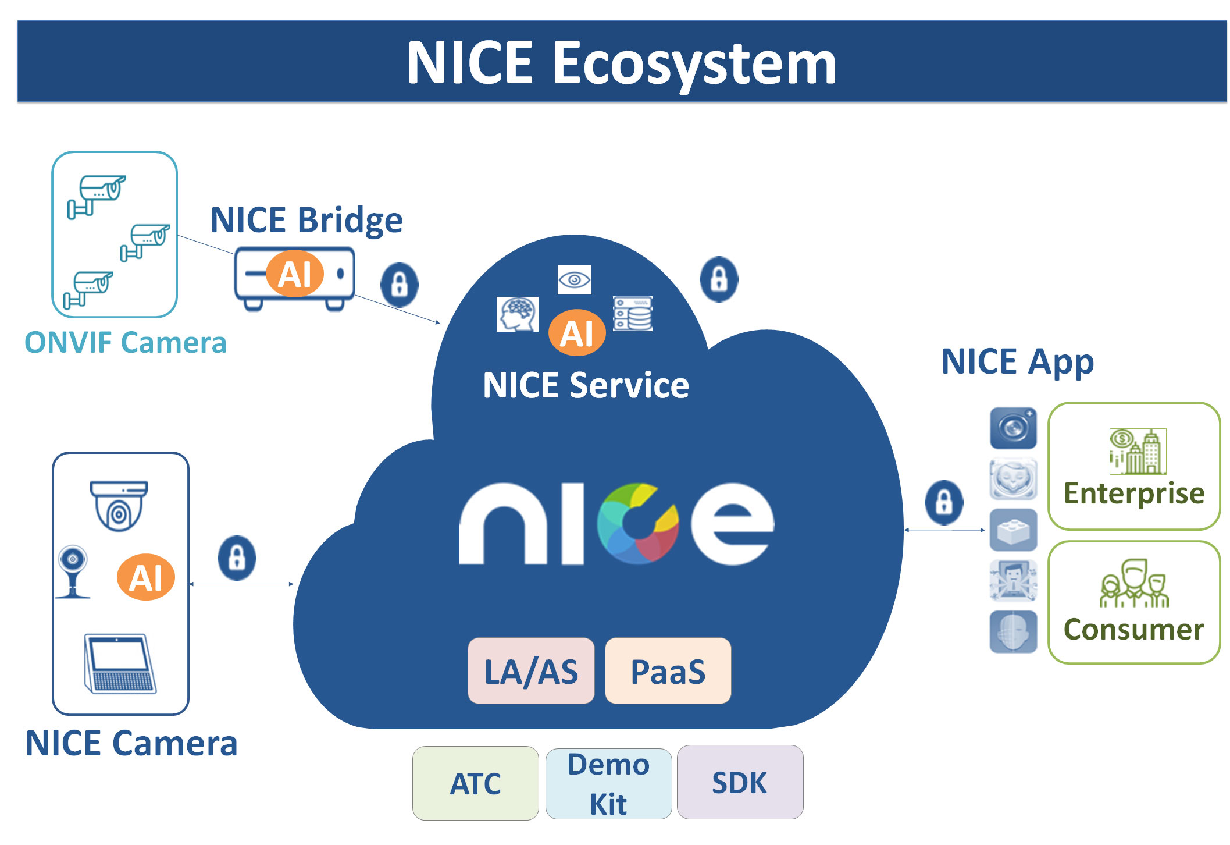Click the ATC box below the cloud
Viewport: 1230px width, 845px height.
pos(475,783)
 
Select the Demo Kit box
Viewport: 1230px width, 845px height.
pos(608,783)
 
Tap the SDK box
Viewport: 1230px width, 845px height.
pos(740,782)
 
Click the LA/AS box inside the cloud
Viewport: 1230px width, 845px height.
pos(531,671)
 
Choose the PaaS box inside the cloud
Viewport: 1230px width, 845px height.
pos(668,671)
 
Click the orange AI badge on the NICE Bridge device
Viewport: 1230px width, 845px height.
pos(295,274)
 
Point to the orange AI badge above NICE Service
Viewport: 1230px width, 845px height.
pos(577,332)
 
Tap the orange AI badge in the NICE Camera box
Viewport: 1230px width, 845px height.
pos(146,577)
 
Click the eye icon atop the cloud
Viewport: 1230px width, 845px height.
pos(574,280)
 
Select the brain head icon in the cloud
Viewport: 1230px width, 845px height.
pos(517,314)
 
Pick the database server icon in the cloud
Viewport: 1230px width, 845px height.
pos(633,314)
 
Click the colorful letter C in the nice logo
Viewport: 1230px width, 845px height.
pos(638,523)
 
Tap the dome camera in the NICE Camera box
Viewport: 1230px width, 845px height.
pos(119,505)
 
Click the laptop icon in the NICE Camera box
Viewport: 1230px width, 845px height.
pos(120,663)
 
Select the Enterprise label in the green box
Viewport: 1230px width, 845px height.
pos(1133,493)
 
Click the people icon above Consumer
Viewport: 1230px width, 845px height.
pos(1134,583)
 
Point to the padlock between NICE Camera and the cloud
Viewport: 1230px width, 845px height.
pos(237,558)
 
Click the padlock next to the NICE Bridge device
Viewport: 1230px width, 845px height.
pos(399,285)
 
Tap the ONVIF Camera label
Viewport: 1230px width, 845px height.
pos(125,342)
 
